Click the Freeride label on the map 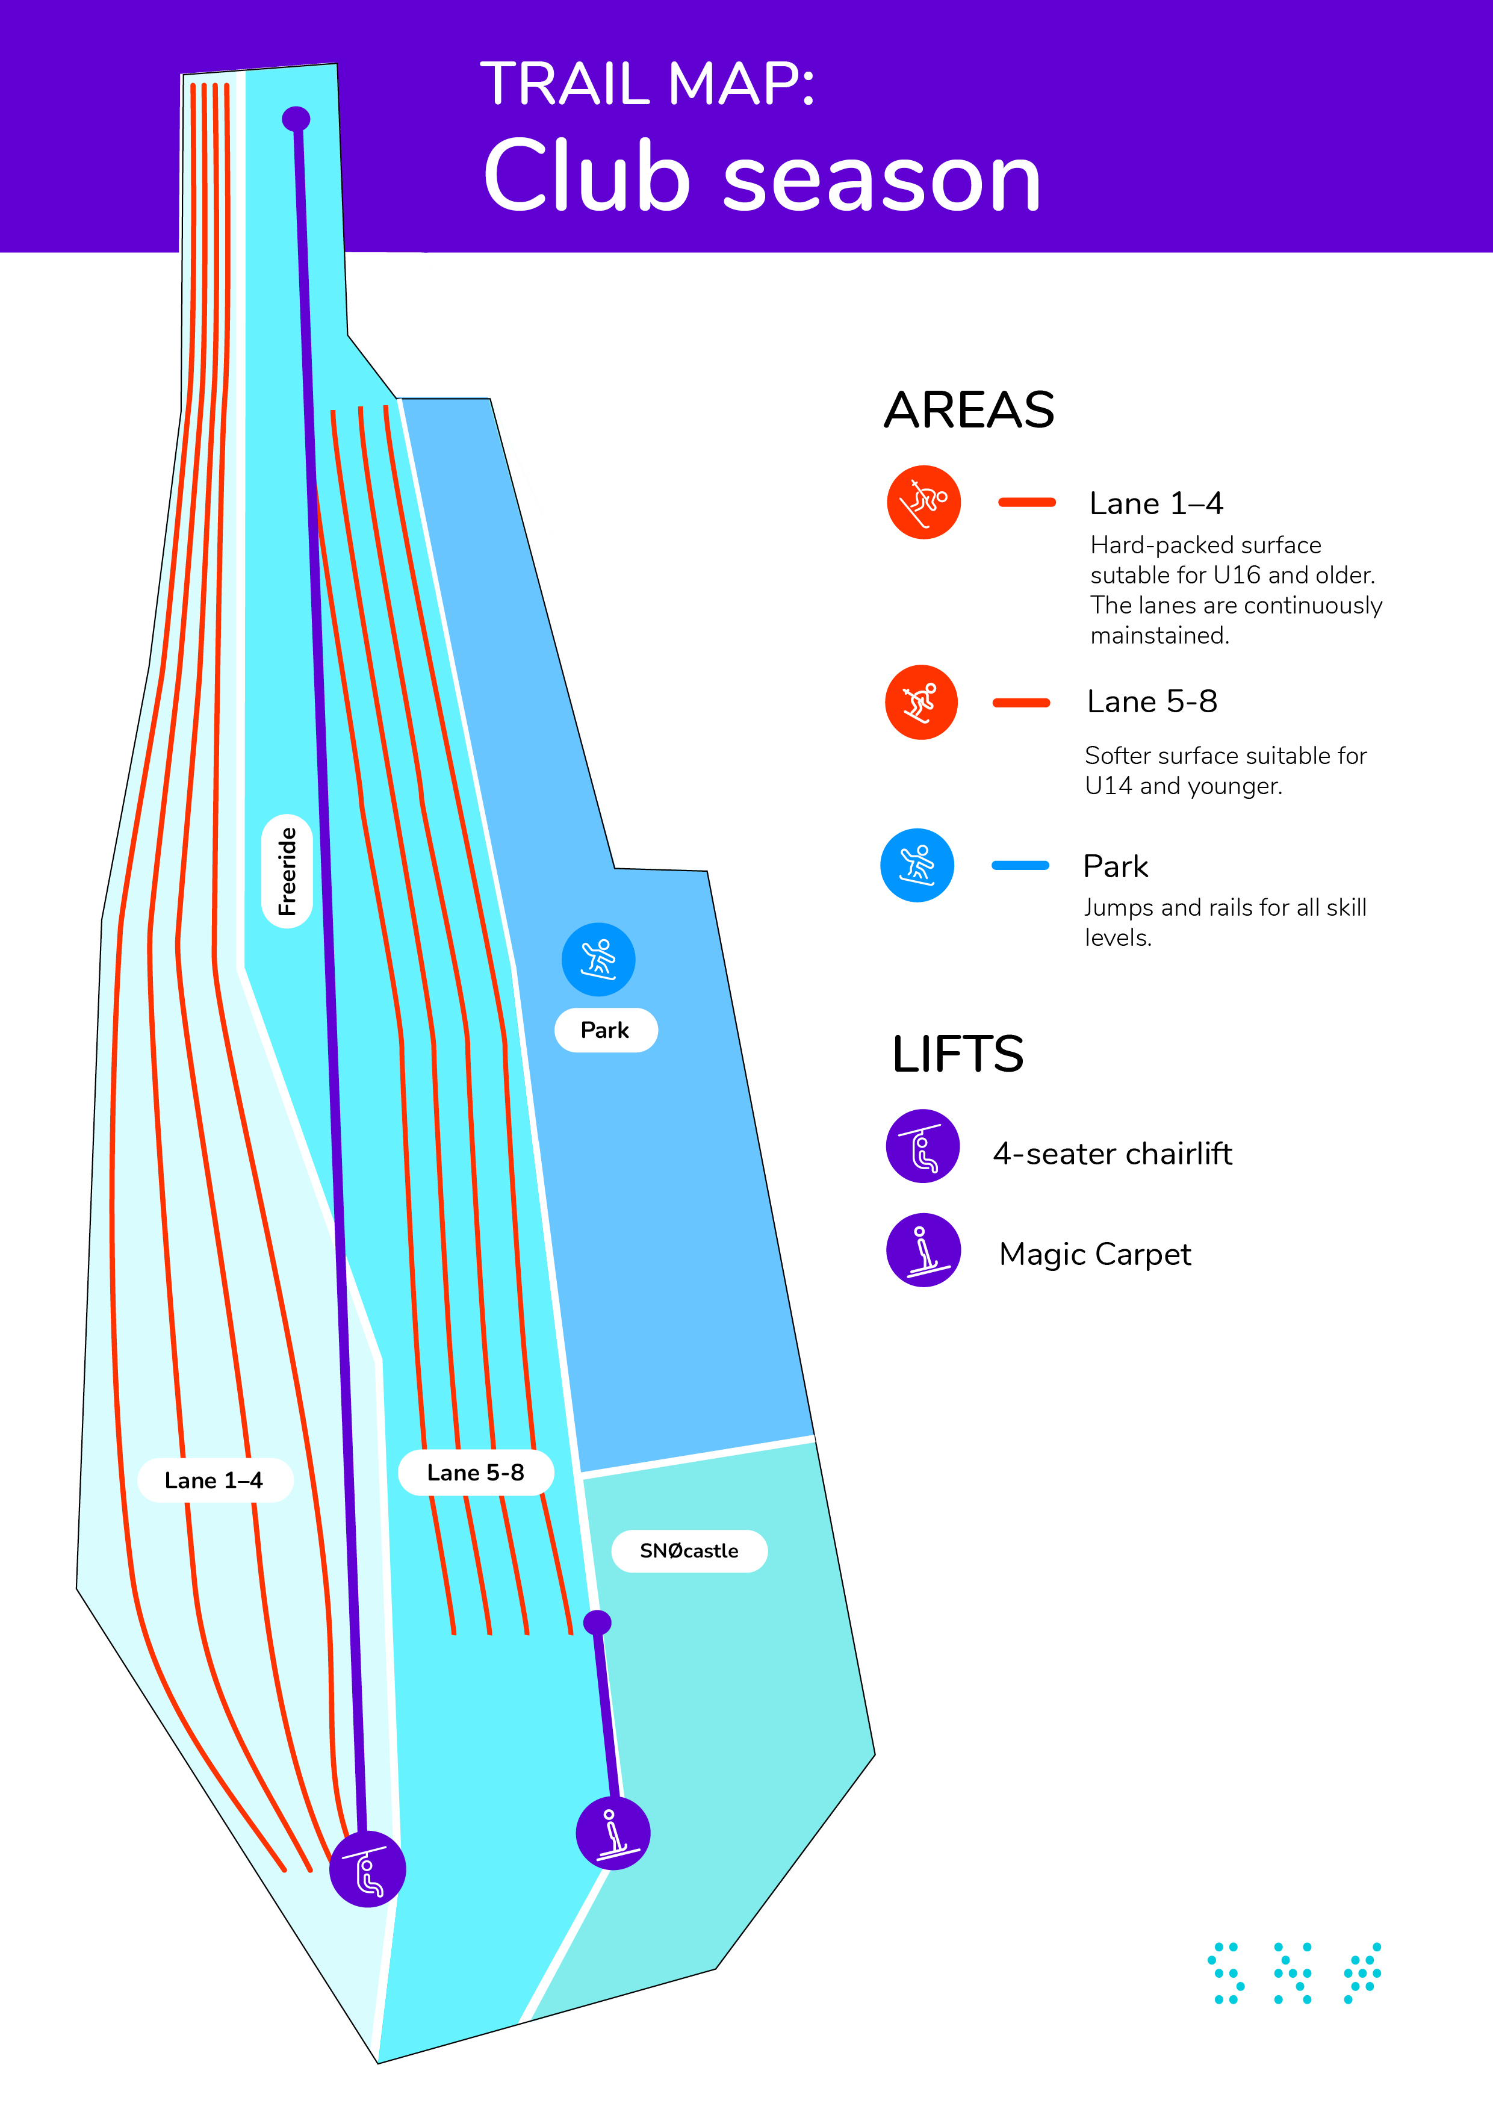[287, 871]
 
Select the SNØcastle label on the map [689, 1551]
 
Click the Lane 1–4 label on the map [214, 1480]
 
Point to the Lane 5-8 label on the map [476, 1473]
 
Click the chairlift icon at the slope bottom [368, 1869]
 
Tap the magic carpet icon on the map [613, 1833]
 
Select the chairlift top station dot [295, 119]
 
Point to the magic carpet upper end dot [597, 1623]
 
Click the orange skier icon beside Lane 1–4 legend [923, 502]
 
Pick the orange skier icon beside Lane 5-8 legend [921, 702]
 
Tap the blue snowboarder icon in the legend [917, 865]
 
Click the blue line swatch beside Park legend [1020, 865]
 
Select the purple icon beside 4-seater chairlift [923, 1146]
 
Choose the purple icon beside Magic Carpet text [923, 1249]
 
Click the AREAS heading [969, 409]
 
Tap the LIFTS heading [958, 1054]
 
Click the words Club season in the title [762, 176]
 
